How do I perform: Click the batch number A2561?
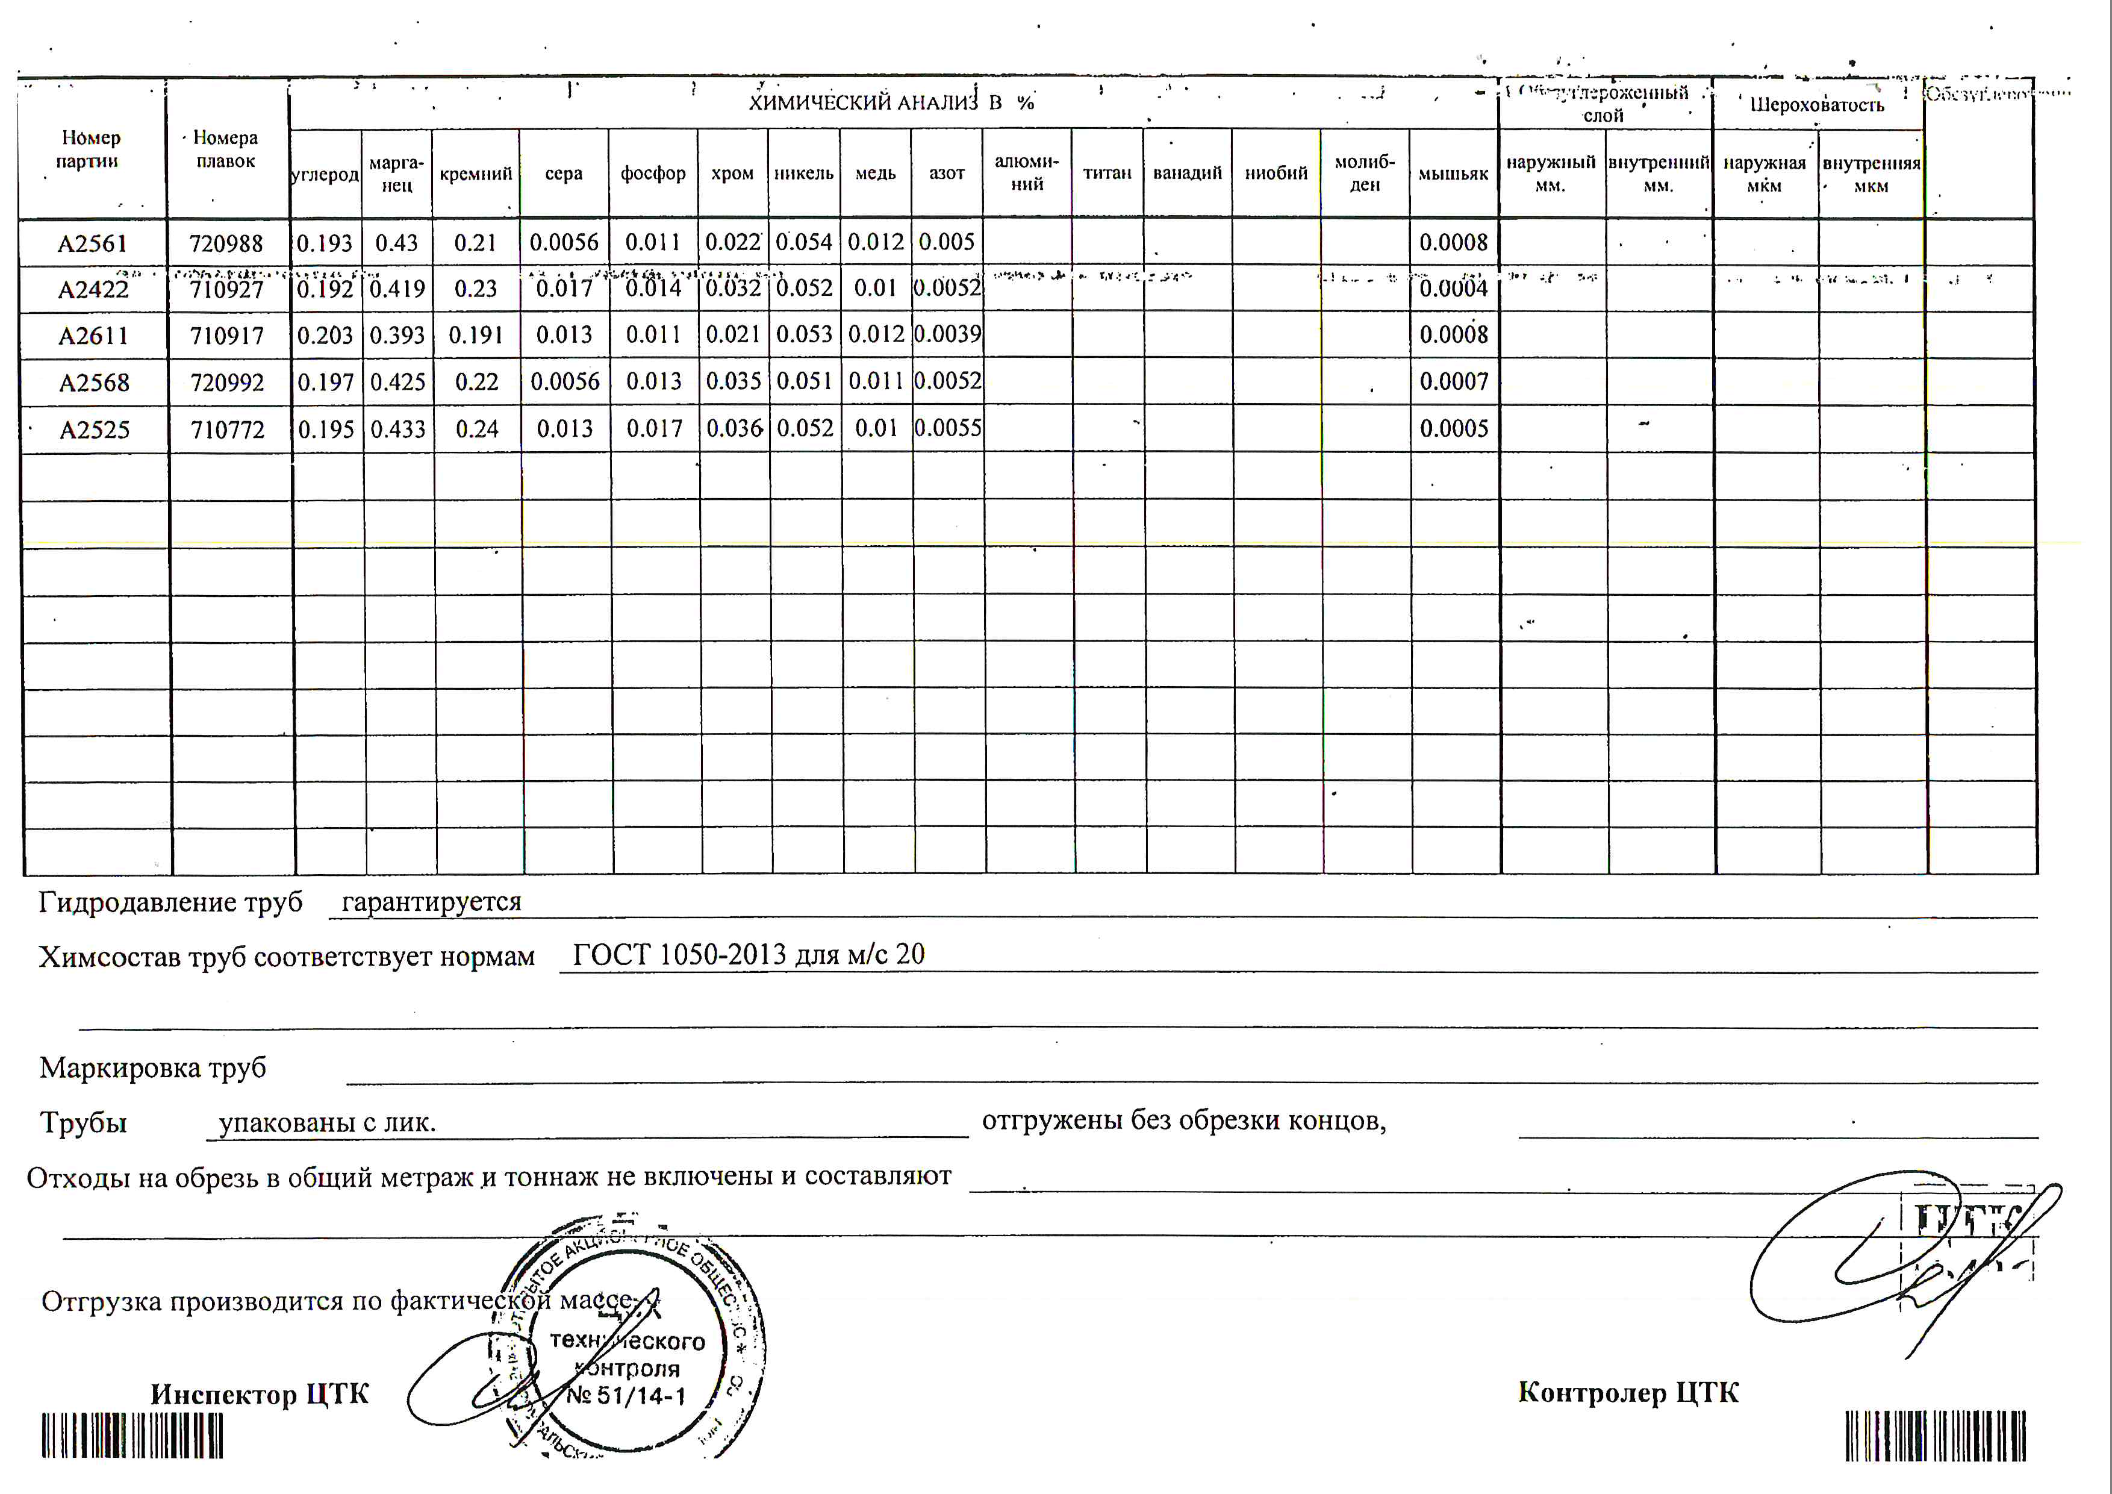click(x=92, y=244)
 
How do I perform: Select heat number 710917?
click(x=227, y=336)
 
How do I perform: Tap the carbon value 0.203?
click(x=325, y=336)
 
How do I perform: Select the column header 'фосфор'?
click(x=653, y=173)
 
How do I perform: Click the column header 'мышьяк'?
click(x=1453, y=173)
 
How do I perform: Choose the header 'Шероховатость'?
click(x=1817, y=105)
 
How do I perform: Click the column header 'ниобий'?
click(x=1276, y=173)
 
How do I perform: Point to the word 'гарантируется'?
click(x=431, y=902)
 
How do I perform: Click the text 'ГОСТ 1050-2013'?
click(x=680, y=955)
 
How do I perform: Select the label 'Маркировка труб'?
click(x=153, y=1068)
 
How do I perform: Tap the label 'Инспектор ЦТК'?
click(x=260, y=1394)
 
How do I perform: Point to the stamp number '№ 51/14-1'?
click(x=626, y=1396)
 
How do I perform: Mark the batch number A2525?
click(x=94, y=430)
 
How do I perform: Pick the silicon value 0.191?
click(x=476, y=336)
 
